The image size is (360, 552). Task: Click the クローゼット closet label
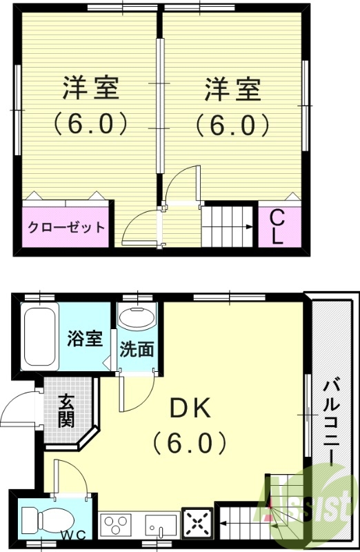66,227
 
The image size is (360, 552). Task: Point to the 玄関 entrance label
66,411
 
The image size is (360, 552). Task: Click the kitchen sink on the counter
161,526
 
